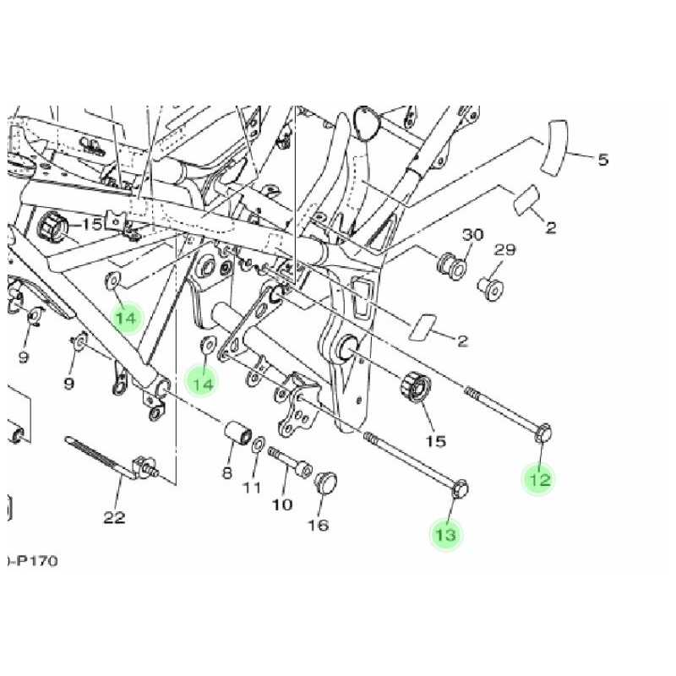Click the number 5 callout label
[602, 160]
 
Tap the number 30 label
[472, 234]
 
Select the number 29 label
[504, 250]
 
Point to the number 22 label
[114, 517]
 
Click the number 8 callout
[226, 472]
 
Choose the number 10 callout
[282, 504]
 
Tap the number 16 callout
[318, 525]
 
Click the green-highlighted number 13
[446, 535]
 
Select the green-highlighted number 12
[540, 480]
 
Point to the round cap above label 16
[324, 484]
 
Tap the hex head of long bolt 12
[543, 430]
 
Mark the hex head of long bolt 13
[462, 487]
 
